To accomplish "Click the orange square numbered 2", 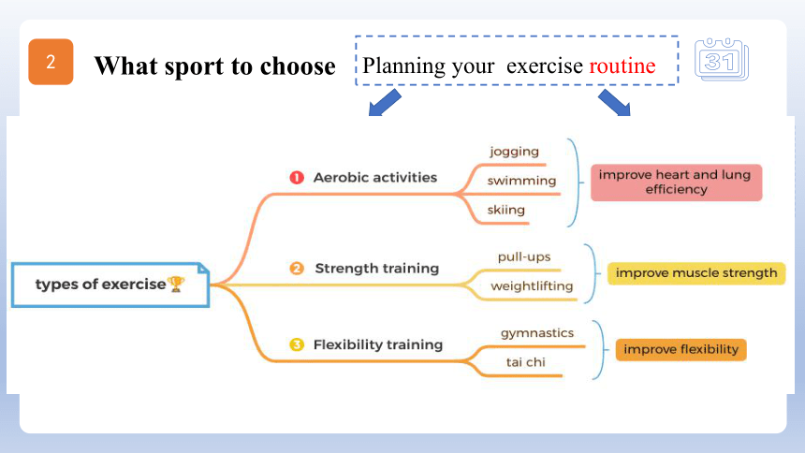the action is point(51,62).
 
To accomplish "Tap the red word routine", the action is point(622,66).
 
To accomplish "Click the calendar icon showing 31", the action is point(722,60).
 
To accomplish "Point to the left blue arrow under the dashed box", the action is point(385,103).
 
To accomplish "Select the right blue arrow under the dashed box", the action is point(615,103).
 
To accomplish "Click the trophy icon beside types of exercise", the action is point(176,284).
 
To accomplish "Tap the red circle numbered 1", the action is point(297,177).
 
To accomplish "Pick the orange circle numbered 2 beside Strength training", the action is point(297,268).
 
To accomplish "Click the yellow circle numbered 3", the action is point(297,344).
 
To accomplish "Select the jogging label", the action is point(515,152).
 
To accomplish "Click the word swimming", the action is point(521,181).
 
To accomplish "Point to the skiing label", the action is point(506,210).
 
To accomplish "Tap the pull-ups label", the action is point(524,256).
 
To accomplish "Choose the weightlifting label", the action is point(532,286).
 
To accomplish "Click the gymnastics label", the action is point(537,333).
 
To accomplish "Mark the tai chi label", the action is point(526,362).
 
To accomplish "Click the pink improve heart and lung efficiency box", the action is point(676,183).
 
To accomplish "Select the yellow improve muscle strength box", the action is point(696,272).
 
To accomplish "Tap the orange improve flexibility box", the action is point(681,349).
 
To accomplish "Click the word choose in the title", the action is point(298,66).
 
